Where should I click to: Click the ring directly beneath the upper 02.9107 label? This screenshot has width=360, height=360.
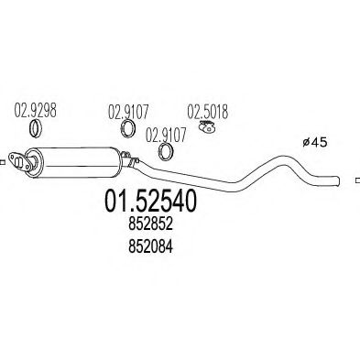[x=128, y=133]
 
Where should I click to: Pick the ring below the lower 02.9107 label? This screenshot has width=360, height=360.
[x=166, y=151]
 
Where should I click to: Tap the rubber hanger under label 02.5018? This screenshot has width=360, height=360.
[x=207, y=133]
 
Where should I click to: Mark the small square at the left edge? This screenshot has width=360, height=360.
[x=3, y=165]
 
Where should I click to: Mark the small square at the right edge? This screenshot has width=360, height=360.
[x=356, y=179]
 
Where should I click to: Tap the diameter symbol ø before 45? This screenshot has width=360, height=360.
[x=307, y=142]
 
